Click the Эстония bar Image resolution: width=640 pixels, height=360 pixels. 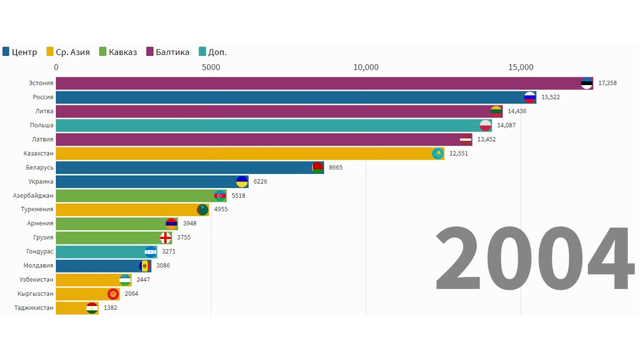coord(320,83)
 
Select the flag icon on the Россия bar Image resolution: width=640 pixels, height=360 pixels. coord(529,97)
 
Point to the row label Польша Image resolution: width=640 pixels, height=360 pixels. coord(41,125)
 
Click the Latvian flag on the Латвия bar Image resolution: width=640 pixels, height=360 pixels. coord(465,139)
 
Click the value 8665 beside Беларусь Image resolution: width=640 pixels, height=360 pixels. coord(335,167)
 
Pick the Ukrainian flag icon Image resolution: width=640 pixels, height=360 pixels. coord(242,181)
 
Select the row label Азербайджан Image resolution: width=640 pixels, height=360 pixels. coord(33,195)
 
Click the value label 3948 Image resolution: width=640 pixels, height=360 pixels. coord(189,223)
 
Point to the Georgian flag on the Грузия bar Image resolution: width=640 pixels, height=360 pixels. coord(165,237)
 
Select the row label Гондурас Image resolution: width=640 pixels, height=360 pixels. coord(40,251)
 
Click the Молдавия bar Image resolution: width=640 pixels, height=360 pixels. coord(100,265)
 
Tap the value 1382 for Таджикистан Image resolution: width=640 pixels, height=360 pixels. coord(110,308)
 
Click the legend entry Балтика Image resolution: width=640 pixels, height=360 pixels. coord(172,52)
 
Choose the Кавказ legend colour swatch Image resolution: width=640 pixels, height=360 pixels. coord(103,51)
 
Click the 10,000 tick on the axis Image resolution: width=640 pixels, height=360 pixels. coord(366,67)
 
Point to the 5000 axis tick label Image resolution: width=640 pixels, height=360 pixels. coord(211,67)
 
